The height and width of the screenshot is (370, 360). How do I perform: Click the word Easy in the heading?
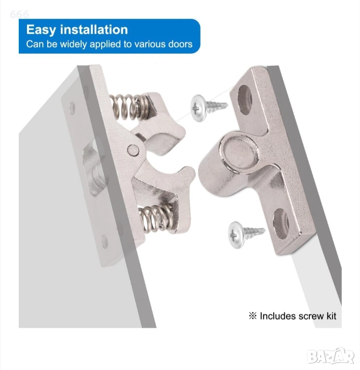(41, 30)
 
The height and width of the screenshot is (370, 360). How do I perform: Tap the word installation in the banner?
(94, 29)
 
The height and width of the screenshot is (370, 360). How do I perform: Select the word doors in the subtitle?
(180, 44)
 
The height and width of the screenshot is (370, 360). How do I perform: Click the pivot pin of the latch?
(133, 150)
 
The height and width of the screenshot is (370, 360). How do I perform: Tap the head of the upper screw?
(198, 108)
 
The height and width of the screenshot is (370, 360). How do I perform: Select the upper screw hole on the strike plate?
(244, 100)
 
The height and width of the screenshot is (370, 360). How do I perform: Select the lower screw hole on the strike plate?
(281, 224)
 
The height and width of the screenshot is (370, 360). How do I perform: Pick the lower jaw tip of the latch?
(189, 173)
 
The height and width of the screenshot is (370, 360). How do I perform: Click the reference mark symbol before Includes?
(253, 316)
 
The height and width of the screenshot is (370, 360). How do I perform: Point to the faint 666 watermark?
(19, 14)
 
